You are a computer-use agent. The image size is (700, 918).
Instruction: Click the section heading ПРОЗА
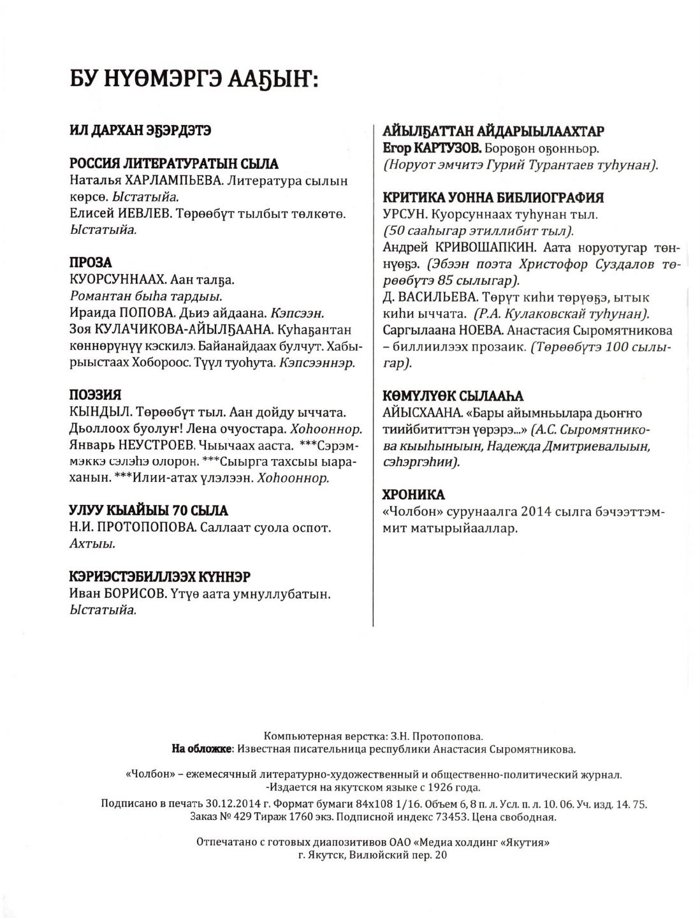(x=91, y=263)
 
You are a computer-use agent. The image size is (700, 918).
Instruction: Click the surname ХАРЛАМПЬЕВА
(x=169, y=181)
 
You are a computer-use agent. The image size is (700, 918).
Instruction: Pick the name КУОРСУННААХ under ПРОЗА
(x=113, y=280)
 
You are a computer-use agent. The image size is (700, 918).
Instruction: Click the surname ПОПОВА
(x=141, y=313)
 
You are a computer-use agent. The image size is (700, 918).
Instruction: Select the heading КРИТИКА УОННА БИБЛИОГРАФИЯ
(x=493, y=198)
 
